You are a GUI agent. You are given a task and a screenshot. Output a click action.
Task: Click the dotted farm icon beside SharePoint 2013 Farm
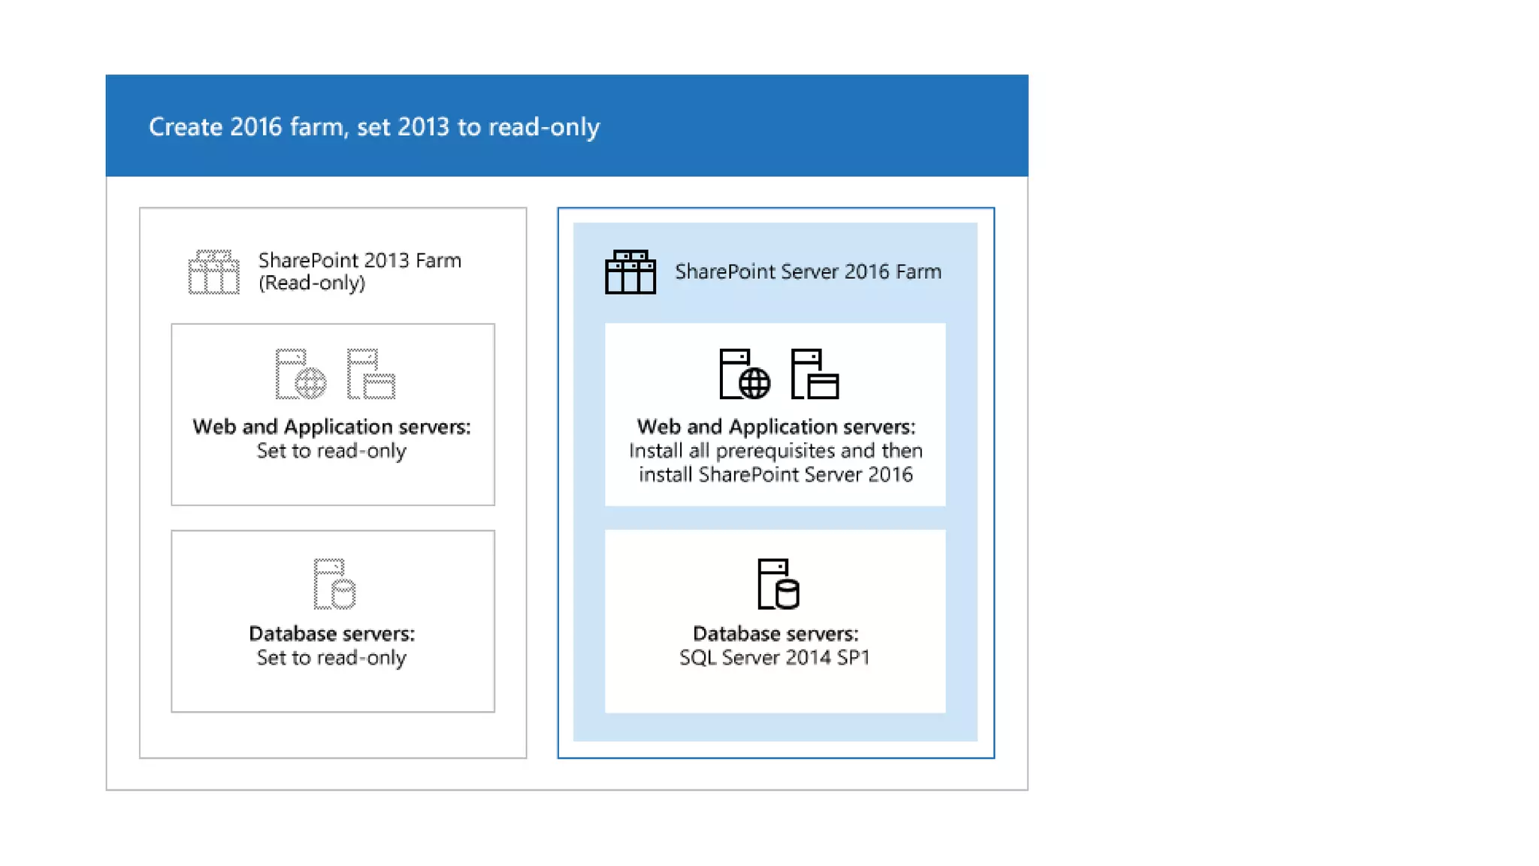click(213, 272)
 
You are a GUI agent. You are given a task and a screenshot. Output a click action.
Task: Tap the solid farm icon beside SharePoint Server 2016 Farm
click(630, 272)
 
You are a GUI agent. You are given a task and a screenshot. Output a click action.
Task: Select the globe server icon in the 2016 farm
click(744, 374)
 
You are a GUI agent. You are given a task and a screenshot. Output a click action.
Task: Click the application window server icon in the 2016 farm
click(815, 374)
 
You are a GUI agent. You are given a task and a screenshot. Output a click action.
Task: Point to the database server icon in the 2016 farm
click(778, 583)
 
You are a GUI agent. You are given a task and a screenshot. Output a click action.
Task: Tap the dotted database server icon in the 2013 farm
click(334, 583)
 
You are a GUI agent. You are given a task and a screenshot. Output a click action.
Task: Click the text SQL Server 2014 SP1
click(775, 658)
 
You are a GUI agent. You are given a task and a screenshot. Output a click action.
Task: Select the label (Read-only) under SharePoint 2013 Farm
click(312, 283)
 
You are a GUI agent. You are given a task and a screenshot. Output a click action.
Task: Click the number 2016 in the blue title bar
click(255, 127)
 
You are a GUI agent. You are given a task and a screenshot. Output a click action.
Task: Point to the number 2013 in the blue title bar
click(423, 127)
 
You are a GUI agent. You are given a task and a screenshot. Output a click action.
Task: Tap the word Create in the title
click(185, 127)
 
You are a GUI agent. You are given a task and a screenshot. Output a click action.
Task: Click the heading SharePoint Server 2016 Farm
click(808, 271)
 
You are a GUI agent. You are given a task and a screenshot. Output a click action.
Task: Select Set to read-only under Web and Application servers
click(331, 451)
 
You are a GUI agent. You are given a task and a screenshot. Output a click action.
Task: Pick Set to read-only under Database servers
click(331, 658)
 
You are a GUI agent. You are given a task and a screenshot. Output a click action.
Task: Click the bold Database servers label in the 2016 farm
click(775, 634)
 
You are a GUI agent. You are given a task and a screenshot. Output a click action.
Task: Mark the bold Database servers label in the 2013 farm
click(331, 634)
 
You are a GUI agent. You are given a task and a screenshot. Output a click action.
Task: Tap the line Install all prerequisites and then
click(775, 451)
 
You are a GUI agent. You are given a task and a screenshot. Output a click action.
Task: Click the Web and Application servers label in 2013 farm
click(331, 427)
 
